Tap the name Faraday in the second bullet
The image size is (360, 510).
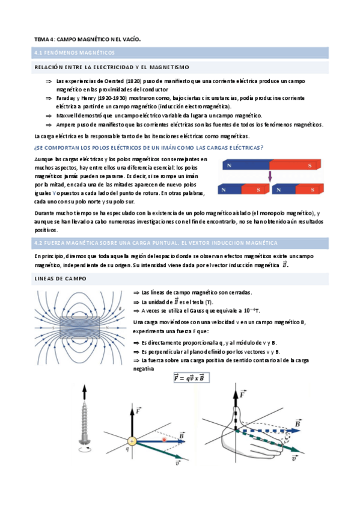[66, 97]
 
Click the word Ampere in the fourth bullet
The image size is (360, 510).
[67, 124]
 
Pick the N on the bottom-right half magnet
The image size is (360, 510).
[278, 190]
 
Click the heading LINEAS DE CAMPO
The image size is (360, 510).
[61, 278]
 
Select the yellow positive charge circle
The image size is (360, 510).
[132, 441]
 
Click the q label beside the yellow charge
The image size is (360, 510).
[127, 449]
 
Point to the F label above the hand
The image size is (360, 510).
[243, 395]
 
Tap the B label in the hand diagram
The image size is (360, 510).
[297, 425]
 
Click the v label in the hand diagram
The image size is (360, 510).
[294, 458]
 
